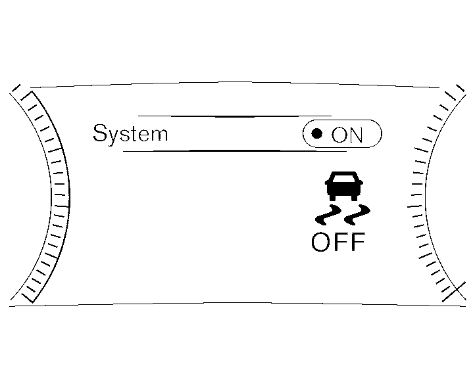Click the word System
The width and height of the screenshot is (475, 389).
tap(130, 133)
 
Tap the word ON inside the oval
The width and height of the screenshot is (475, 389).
tap(347, 135)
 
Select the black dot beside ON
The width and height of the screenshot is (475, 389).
tap(317, 133)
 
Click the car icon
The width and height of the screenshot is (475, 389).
tap(344, 186)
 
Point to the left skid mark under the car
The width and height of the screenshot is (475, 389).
tap(329, 215)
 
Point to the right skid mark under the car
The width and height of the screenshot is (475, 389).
tap(357, 215)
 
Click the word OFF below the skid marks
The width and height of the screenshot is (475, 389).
tap(338, 242)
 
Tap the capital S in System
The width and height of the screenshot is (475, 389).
tap(100, 133)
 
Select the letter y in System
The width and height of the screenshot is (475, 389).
tap(115, 137)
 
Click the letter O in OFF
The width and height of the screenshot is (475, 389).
tap(320, 242)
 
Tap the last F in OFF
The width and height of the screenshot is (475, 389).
tap(359, 242)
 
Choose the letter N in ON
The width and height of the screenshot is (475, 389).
tap(355, 135)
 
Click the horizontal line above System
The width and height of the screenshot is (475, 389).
tap(235, 116)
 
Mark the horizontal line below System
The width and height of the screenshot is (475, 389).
tap(235, 150)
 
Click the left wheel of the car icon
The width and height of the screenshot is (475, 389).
tap(332, 198)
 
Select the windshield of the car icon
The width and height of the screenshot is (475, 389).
tap(344, 177)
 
